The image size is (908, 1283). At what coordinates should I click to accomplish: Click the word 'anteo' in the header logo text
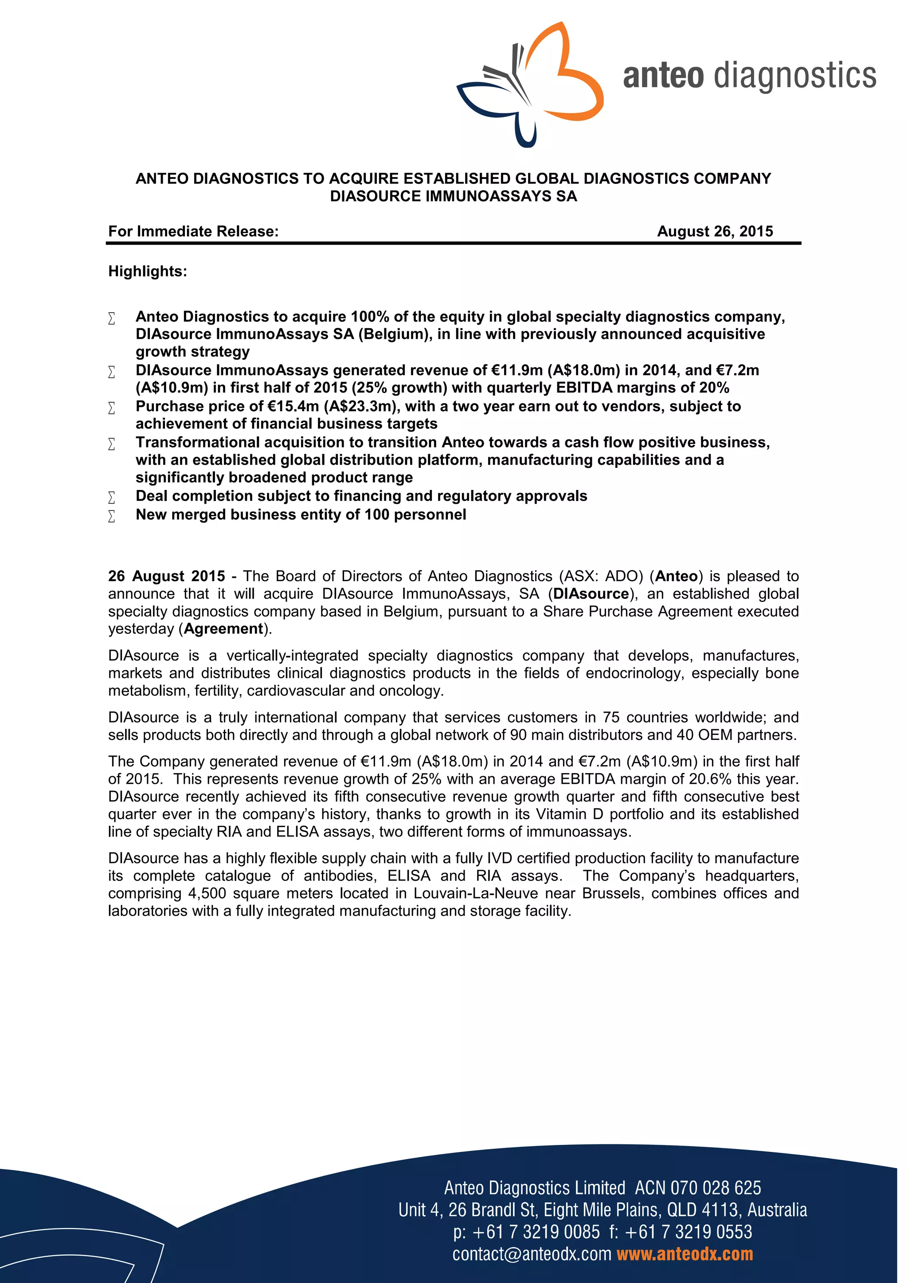coord(663,77)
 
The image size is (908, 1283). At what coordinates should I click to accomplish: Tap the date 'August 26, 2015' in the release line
coord(715,231)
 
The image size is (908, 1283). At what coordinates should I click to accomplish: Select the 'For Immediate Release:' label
coord(193,231)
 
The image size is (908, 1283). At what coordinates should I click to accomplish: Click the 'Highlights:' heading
coord(148,272)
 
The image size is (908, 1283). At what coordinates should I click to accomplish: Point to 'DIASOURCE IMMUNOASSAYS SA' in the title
coord(454,197)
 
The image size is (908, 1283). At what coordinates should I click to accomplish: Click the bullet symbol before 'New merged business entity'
coord(112,516)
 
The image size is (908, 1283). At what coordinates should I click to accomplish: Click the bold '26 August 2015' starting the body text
coord(167,576)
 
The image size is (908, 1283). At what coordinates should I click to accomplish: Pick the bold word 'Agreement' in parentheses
coord(223,629)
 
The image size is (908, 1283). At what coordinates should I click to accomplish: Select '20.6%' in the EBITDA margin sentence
coord(710,779)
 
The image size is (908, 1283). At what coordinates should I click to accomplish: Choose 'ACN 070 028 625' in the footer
coord(698,1188)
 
